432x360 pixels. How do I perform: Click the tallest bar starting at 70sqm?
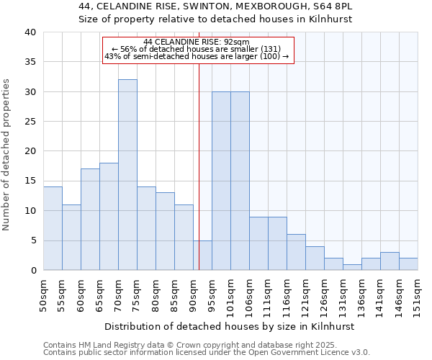tap(127, 175)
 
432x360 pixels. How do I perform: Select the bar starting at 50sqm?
tap(53, 228)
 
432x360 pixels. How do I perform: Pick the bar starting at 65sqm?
tap(109, 216)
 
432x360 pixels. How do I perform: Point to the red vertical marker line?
tap(199, 166)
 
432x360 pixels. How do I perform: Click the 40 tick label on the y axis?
tap(30, 32)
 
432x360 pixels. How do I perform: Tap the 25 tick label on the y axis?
tap(30, 122)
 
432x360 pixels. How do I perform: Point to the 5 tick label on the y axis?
tap(32, 240)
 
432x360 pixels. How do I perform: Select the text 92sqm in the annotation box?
tap(236, 42)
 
